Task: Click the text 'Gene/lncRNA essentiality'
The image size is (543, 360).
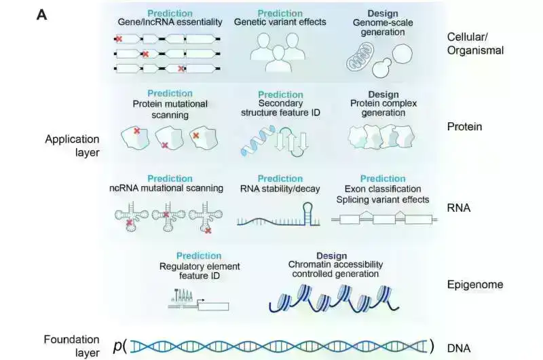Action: (170, 22)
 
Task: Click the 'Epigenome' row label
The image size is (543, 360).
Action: (475, 284)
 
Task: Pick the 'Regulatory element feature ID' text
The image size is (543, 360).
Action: (200, 271)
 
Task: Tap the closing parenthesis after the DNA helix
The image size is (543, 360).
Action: (431, 346)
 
